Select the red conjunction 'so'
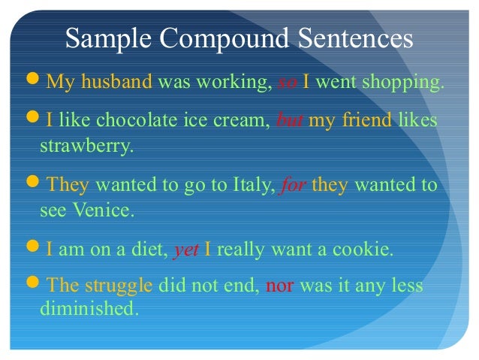(x=288, y=81)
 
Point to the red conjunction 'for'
(x=291, y=185)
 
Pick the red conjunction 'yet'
(x=185, y=250)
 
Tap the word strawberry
(x=85, y=145)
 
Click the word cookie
(x=369, y=250)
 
